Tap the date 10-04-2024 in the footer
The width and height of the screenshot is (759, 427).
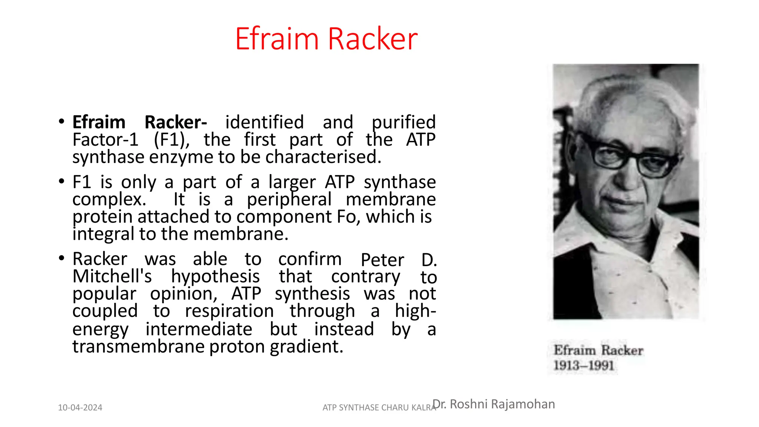point(80,408)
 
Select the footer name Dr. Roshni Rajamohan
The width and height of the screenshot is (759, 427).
point(494,404)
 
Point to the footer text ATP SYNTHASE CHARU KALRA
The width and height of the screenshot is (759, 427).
point(379,408)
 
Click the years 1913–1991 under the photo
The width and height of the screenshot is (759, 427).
point(584,365)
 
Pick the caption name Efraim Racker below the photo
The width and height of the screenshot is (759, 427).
point(598,350)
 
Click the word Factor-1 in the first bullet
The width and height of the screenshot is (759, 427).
point(105,140)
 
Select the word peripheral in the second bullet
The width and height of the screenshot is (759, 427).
point(289,199)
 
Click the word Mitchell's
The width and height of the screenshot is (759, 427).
point(112,277)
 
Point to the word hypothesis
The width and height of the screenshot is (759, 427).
point(215,277)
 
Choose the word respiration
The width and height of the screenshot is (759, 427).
point(229,311)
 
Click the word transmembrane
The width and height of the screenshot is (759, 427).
point(139,347)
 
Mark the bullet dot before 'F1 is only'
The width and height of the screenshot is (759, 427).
point(62,182)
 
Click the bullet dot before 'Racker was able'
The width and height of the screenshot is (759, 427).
point(62,258)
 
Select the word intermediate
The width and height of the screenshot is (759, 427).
point(199,329)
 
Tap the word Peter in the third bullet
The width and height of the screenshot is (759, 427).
point(382,259)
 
